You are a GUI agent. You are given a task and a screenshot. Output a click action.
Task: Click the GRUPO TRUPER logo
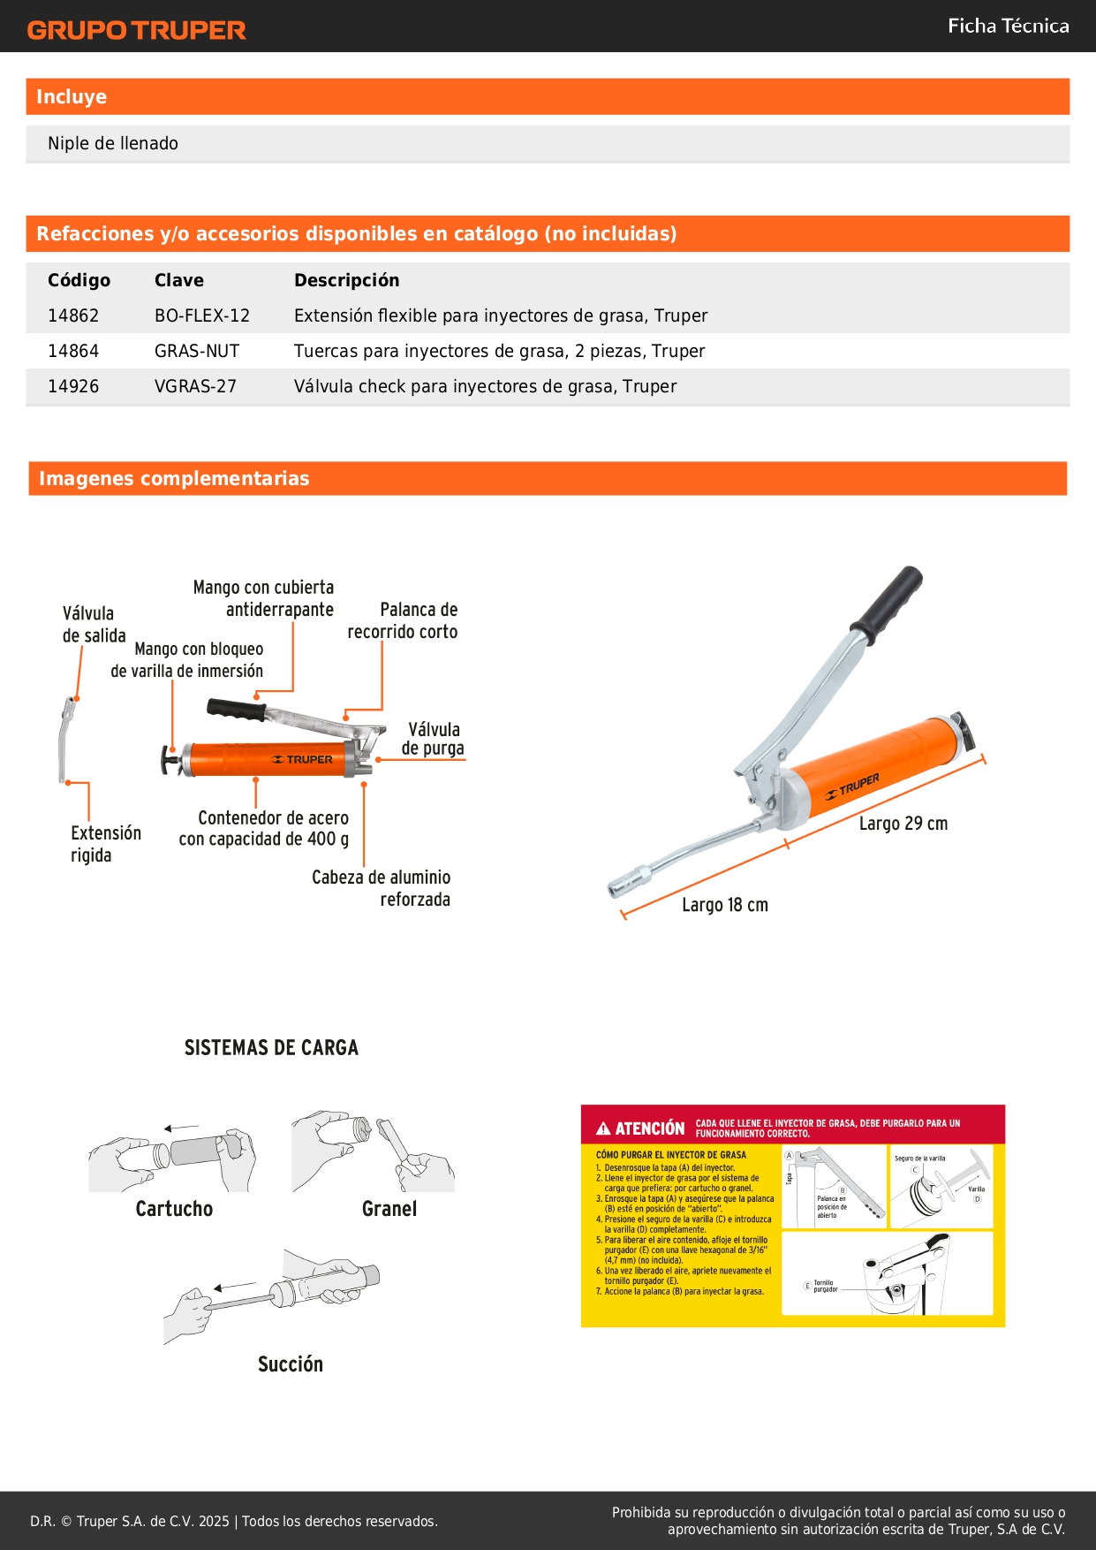[x=136, y=30]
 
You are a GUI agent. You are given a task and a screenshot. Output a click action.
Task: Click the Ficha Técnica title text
[x=1008, y=26]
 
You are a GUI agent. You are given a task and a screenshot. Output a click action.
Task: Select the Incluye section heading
[x=72, y=97]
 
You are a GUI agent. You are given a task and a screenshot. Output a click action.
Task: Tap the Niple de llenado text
[x=113, y=143]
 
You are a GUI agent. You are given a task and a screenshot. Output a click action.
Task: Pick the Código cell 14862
[x=73, y=315]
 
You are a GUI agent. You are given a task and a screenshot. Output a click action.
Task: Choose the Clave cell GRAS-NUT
[x=197, y=351]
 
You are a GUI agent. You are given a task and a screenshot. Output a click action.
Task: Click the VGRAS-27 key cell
[x=195, y=386]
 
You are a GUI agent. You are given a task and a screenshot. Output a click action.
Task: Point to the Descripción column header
[x=346, y=280]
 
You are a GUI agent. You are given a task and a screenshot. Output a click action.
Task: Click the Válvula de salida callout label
[x=93, y=625]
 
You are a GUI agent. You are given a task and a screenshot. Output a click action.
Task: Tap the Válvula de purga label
[x=433, y=739]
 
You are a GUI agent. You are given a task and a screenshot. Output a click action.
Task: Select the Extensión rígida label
[x=105, y=844]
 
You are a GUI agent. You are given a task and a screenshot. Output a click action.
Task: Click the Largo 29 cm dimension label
[x=903, y=824]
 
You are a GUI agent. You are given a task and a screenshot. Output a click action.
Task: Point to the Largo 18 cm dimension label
[x=725, y=905]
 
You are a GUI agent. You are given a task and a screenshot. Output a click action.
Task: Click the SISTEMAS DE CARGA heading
[x=271, y=1048]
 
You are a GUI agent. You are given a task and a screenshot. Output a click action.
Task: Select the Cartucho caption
[x=174, y=1209]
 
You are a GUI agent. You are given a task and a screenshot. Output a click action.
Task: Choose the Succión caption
[x=291, y=1364]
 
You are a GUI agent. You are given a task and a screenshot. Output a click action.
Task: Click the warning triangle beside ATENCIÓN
[x=603, y=1128]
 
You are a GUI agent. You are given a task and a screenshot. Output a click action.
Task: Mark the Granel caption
[x=389, y=1209]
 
